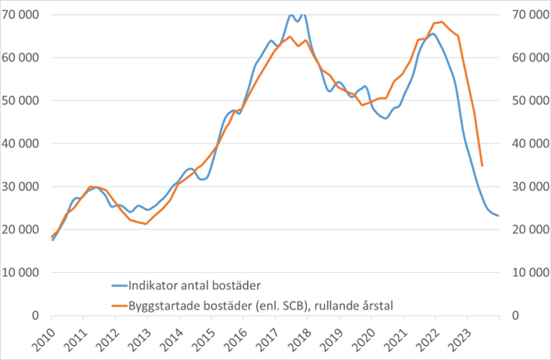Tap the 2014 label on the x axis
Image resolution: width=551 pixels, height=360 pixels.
click(170, 335)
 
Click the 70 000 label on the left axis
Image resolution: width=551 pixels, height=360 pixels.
click(24, 15)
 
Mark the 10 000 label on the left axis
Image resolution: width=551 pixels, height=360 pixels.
click(24, 273)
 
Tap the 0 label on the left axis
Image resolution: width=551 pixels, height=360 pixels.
click(37, 316)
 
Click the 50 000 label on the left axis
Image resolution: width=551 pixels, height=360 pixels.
click(24, 101)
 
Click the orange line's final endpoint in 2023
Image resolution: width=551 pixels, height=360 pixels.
click(483, 166)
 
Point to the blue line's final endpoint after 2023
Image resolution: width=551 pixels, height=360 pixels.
click(498, 215)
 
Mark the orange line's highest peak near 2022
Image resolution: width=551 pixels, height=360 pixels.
click(441, 22)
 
